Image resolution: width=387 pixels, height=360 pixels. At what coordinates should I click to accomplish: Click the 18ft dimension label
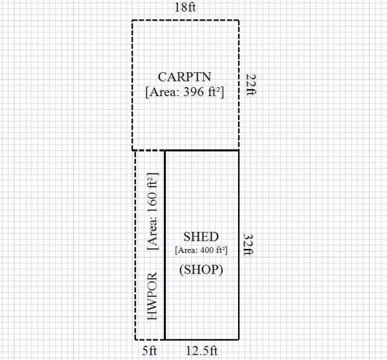(x=185, y=7)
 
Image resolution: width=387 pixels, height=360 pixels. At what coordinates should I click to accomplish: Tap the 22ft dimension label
(x=252, y=85)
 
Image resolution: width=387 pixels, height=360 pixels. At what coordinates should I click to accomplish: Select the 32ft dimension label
(x=249, y=245)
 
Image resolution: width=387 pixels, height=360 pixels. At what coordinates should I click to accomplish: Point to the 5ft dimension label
(x=150, y=350)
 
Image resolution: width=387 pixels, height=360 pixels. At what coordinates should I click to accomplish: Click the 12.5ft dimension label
(x=202, y=350)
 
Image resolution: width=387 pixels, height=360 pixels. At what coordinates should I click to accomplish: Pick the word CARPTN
(x=184, y=77)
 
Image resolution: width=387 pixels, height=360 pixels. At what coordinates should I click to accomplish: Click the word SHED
(x=201, y=237)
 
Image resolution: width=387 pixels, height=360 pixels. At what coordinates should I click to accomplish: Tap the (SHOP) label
(x=201, y=270)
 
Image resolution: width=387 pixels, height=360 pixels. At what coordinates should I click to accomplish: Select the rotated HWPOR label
(x=152, y=296)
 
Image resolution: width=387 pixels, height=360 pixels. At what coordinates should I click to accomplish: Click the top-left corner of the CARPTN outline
(x=132, y=20)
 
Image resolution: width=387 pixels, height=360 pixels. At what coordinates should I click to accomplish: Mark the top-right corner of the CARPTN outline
(x=239, y=20)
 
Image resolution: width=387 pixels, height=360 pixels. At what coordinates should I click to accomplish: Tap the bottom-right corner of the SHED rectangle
(x=239, y=340)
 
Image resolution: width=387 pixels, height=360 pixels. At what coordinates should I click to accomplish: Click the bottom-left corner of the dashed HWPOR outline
(x=135, y=340)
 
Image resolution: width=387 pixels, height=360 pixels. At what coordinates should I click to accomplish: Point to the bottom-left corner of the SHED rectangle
(x=165, y=340)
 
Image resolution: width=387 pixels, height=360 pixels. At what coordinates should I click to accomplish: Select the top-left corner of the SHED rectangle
(x=165, y=150)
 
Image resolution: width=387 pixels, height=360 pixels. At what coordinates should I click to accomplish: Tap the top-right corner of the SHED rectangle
(x=239, y=150)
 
